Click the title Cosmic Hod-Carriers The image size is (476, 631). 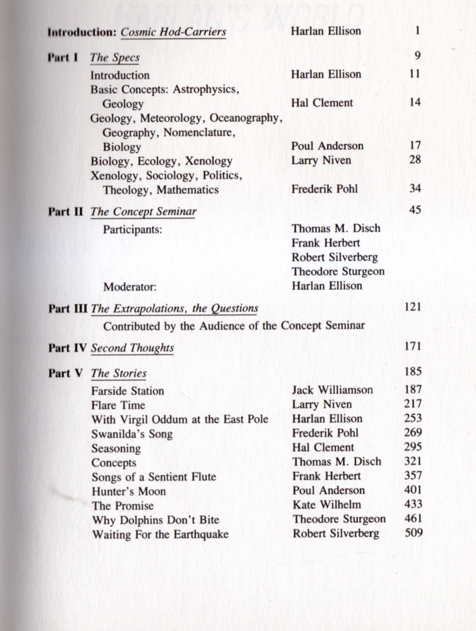click(173, 32)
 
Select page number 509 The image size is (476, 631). click(413, 533)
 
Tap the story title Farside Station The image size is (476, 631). click(127, 391)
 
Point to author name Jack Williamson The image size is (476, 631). click(332, 390)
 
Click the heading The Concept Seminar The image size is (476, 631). click(143, 211)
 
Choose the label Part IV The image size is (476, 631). click(68, 348)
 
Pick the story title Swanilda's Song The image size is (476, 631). click(132, 434)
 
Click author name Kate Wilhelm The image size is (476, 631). click(326, 505)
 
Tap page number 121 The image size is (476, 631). click(413, 307)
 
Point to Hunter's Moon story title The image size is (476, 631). click(129, 491)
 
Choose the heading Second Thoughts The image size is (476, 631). click(132, 348)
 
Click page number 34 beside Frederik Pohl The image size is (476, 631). click(415, 188)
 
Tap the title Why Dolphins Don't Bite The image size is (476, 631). click(155, 520)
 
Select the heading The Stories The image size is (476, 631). click(119, 373)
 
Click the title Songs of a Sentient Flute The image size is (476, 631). click(153, 477)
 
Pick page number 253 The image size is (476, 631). click(413, 418)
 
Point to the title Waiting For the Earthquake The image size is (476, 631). click(160, 534)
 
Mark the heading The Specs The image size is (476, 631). click(115, 57)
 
